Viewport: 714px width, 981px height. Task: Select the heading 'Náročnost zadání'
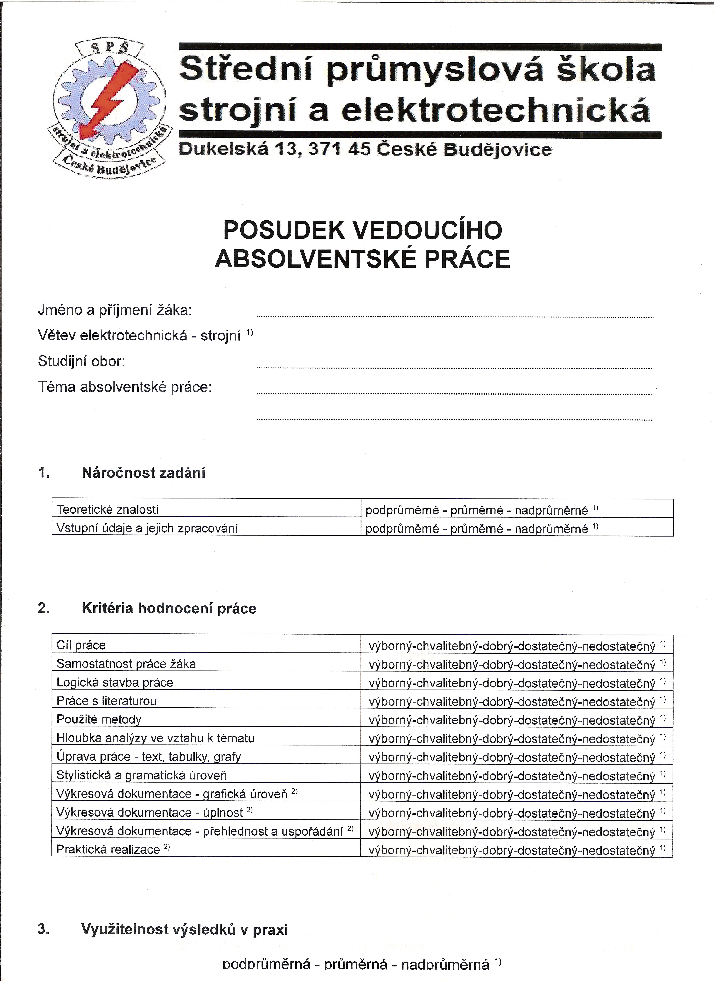(143, 473)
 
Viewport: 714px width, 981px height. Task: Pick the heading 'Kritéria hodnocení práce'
(169, 609)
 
